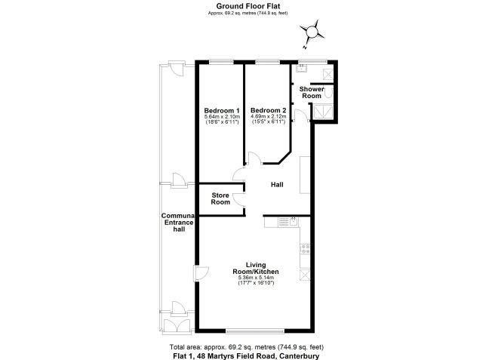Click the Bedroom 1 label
tap(222, 111)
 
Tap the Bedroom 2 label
tap(269, 110)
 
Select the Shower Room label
tap(312, 92)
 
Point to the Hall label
tap(277, 184)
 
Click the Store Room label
tap(220, 198)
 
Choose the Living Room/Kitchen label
tap(256, 268)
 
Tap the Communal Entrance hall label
tap(178, 223)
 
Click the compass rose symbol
tap(312, 32)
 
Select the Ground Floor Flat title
tap(247, 6)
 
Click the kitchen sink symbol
tap(288, 222)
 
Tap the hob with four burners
tap(305, 248)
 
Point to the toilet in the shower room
tap(329, 93)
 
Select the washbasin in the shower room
tap(302, 68)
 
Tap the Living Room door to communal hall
tap(201, 273)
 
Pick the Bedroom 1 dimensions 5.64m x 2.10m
tap(223, 116)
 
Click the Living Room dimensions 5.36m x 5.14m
tap(256, 278)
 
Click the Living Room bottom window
tap(255, 331)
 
